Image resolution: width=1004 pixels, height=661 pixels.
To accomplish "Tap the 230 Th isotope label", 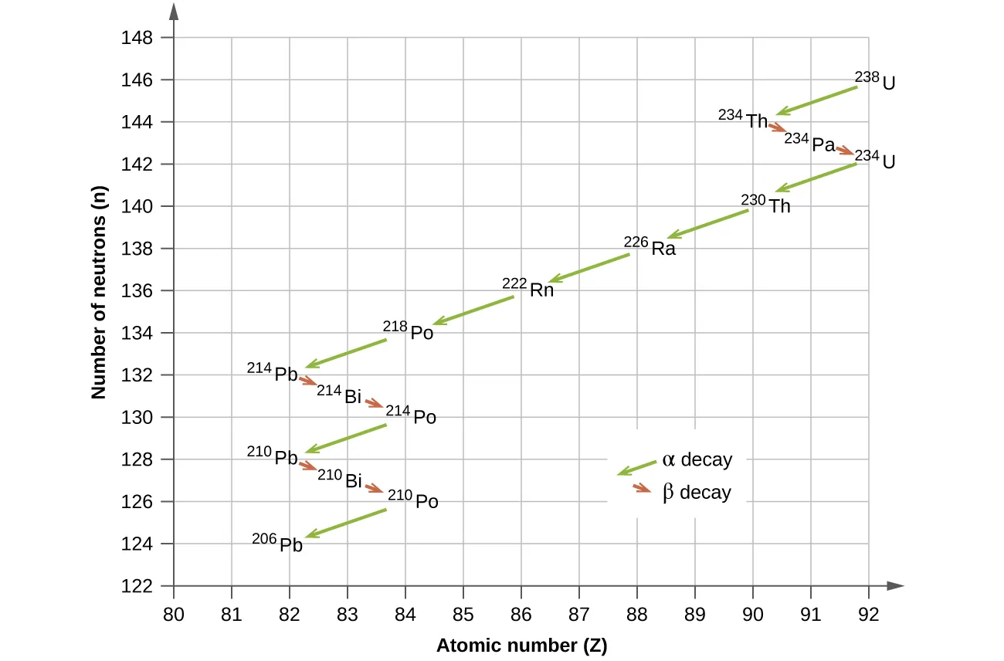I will (766, 204).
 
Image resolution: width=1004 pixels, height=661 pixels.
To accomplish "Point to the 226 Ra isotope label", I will (650, 246).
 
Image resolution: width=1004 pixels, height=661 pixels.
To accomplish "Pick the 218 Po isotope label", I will (409, 330).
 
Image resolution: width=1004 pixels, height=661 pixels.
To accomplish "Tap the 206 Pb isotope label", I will (277, 543).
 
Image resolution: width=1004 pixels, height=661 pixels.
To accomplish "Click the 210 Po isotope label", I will (413, 500).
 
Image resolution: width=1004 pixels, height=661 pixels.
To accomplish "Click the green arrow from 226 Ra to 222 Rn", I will (588, 268).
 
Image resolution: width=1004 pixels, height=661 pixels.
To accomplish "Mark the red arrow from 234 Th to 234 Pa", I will (777, 126).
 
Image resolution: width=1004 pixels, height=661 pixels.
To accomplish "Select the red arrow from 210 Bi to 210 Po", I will (374, 488).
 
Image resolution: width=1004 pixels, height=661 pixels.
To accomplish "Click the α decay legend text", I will (697, 460).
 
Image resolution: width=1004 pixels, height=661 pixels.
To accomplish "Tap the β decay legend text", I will (697, 493).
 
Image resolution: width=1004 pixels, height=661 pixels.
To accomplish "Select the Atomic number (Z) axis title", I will (521, 646).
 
